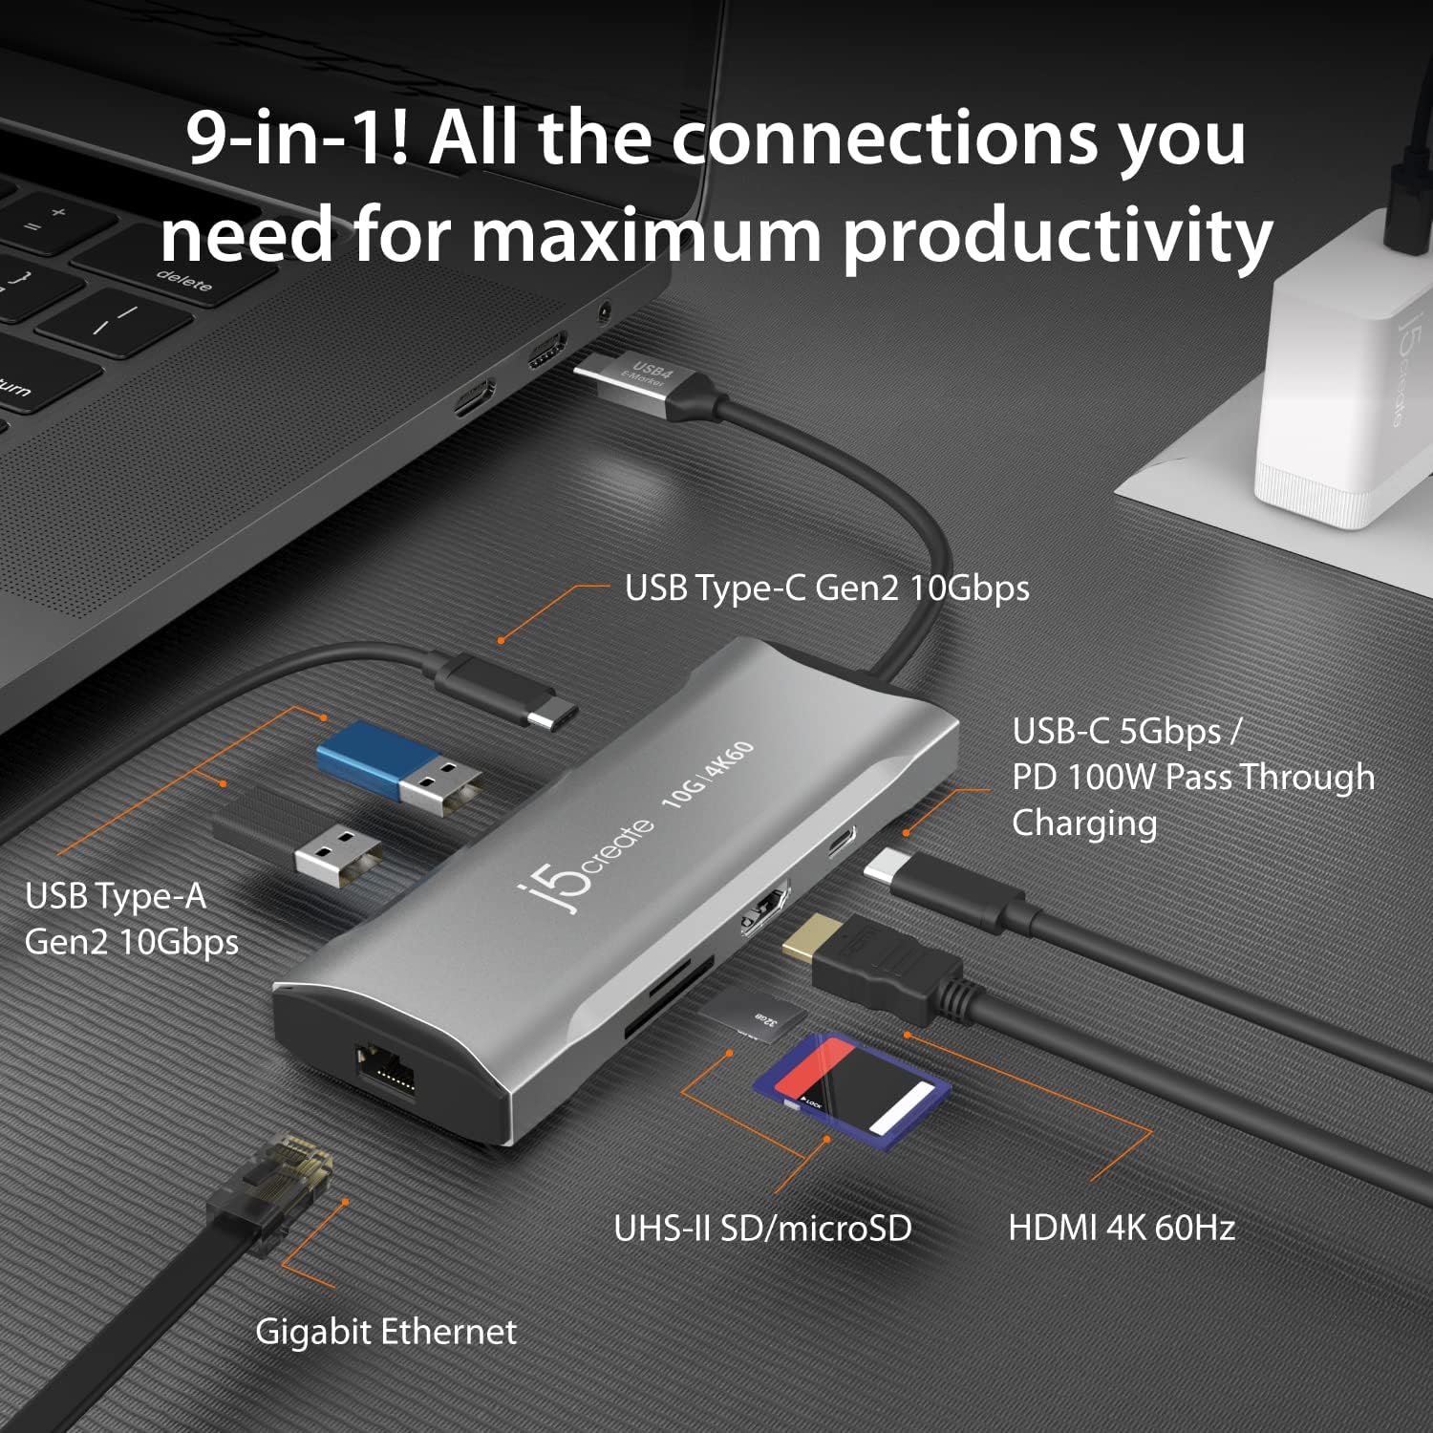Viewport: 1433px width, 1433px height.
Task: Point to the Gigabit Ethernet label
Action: coord(386,1331)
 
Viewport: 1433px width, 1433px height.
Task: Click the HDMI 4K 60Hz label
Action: coord(1122,1227)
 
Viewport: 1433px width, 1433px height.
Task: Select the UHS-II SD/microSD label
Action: coord(762,1228)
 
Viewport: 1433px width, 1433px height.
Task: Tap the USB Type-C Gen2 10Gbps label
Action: coord(827,588)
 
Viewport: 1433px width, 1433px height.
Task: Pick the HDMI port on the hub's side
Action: coord(766,907)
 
